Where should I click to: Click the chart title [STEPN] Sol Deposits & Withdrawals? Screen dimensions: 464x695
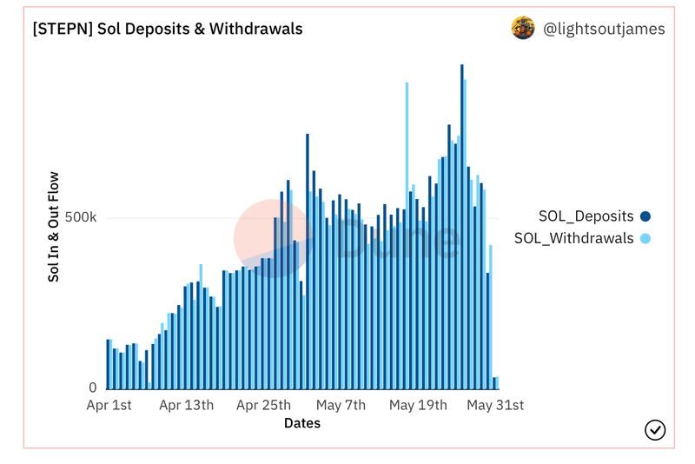[x=168, y=29]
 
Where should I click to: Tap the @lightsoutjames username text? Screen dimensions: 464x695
[x=604, y=29]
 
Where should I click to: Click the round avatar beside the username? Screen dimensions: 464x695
[x=523, y=28]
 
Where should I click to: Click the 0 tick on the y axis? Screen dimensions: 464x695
[x=92, y=388]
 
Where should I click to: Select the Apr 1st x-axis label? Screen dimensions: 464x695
[x=109, y=405]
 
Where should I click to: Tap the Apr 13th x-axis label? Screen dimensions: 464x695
[x=187, y=405]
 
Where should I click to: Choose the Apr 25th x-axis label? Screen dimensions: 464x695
[x=263, y=405]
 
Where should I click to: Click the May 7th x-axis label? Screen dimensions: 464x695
[x=341, y=405]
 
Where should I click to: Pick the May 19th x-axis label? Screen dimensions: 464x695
[x=418, y=405]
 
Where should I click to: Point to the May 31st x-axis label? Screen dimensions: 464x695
[x=495, y=405]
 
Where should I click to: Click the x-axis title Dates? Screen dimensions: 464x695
[x=301, y=423]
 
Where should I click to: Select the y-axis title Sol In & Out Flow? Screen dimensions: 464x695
[x=54, y=226]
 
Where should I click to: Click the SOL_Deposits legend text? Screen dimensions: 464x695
[x=586, y=216]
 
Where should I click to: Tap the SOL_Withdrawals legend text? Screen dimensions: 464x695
[x=573, y=238]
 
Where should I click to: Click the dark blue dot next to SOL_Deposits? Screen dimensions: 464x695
[x=645, y=216]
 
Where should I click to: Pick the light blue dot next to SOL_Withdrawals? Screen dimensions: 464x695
[x=645, y=238]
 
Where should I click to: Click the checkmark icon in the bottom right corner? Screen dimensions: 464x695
[x=655, y=429]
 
